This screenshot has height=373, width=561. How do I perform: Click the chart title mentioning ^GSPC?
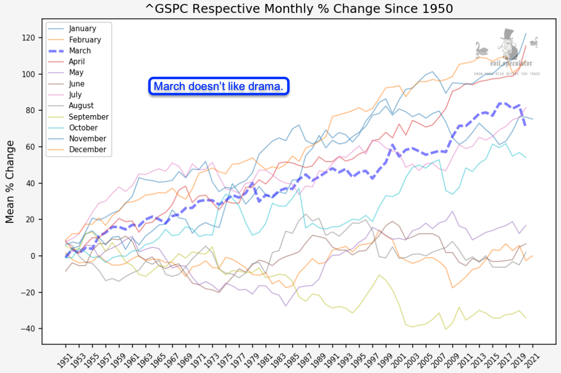click(299, 8)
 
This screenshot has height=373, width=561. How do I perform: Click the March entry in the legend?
click(80, 51)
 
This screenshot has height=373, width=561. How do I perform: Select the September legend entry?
click(89, 117)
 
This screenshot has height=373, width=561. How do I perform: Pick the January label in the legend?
click(82, 29)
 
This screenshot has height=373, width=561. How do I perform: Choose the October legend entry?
click(84, 128)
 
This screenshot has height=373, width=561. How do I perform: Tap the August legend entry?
click(81, 106)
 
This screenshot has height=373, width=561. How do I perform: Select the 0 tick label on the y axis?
click(33, 256)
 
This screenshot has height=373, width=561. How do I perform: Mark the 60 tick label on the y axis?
click(31, 147)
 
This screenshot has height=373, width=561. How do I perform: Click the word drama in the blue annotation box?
click(268, 87)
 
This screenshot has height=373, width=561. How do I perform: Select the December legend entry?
click(87, 150)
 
